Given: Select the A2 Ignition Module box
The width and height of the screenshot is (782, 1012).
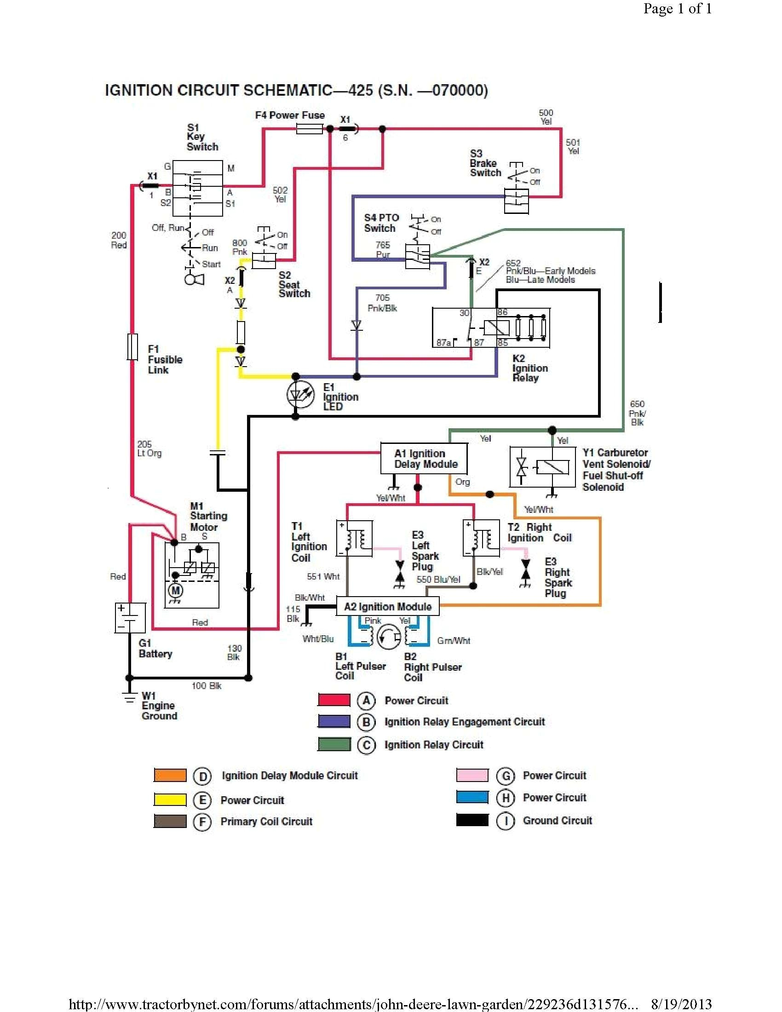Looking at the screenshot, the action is click(388, 606).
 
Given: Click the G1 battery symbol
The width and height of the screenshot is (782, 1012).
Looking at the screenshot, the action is click(130, 618).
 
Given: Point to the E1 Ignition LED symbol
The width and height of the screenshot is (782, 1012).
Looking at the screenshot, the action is click(296, 395).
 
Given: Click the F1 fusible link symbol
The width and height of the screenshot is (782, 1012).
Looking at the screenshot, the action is click(132, 346).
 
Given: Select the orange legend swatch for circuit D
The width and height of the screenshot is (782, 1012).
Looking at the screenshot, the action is click(170, 775).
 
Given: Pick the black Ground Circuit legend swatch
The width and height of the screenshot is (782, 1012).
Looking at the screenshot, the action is click(472, 820).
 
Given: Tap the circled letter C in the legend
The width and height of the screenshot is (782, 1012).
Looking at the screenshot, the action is click(367, 745).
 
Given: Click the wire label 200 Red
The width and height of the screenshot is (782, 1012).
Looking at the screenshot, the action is click(119, 240).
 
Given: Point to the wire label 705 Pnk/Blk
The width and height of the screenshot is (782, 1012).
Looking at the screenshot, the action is click(382, 303).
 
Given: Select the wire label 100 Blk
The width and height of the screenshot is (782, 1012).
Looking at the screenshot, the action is click(207, 686).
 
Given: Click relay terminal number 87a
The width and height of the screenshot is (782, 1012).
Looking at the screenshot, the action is click(443, 342).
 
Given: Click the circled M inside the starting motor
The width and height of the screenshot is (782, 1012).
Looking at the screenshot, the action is click(176, 590).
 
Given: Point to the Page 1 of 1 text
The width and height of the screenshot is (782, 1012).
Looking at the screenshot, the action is click(677, 9).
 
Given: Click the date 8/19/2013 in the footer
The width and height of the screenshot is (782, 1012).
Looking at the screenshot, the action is click(681, 1003).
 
